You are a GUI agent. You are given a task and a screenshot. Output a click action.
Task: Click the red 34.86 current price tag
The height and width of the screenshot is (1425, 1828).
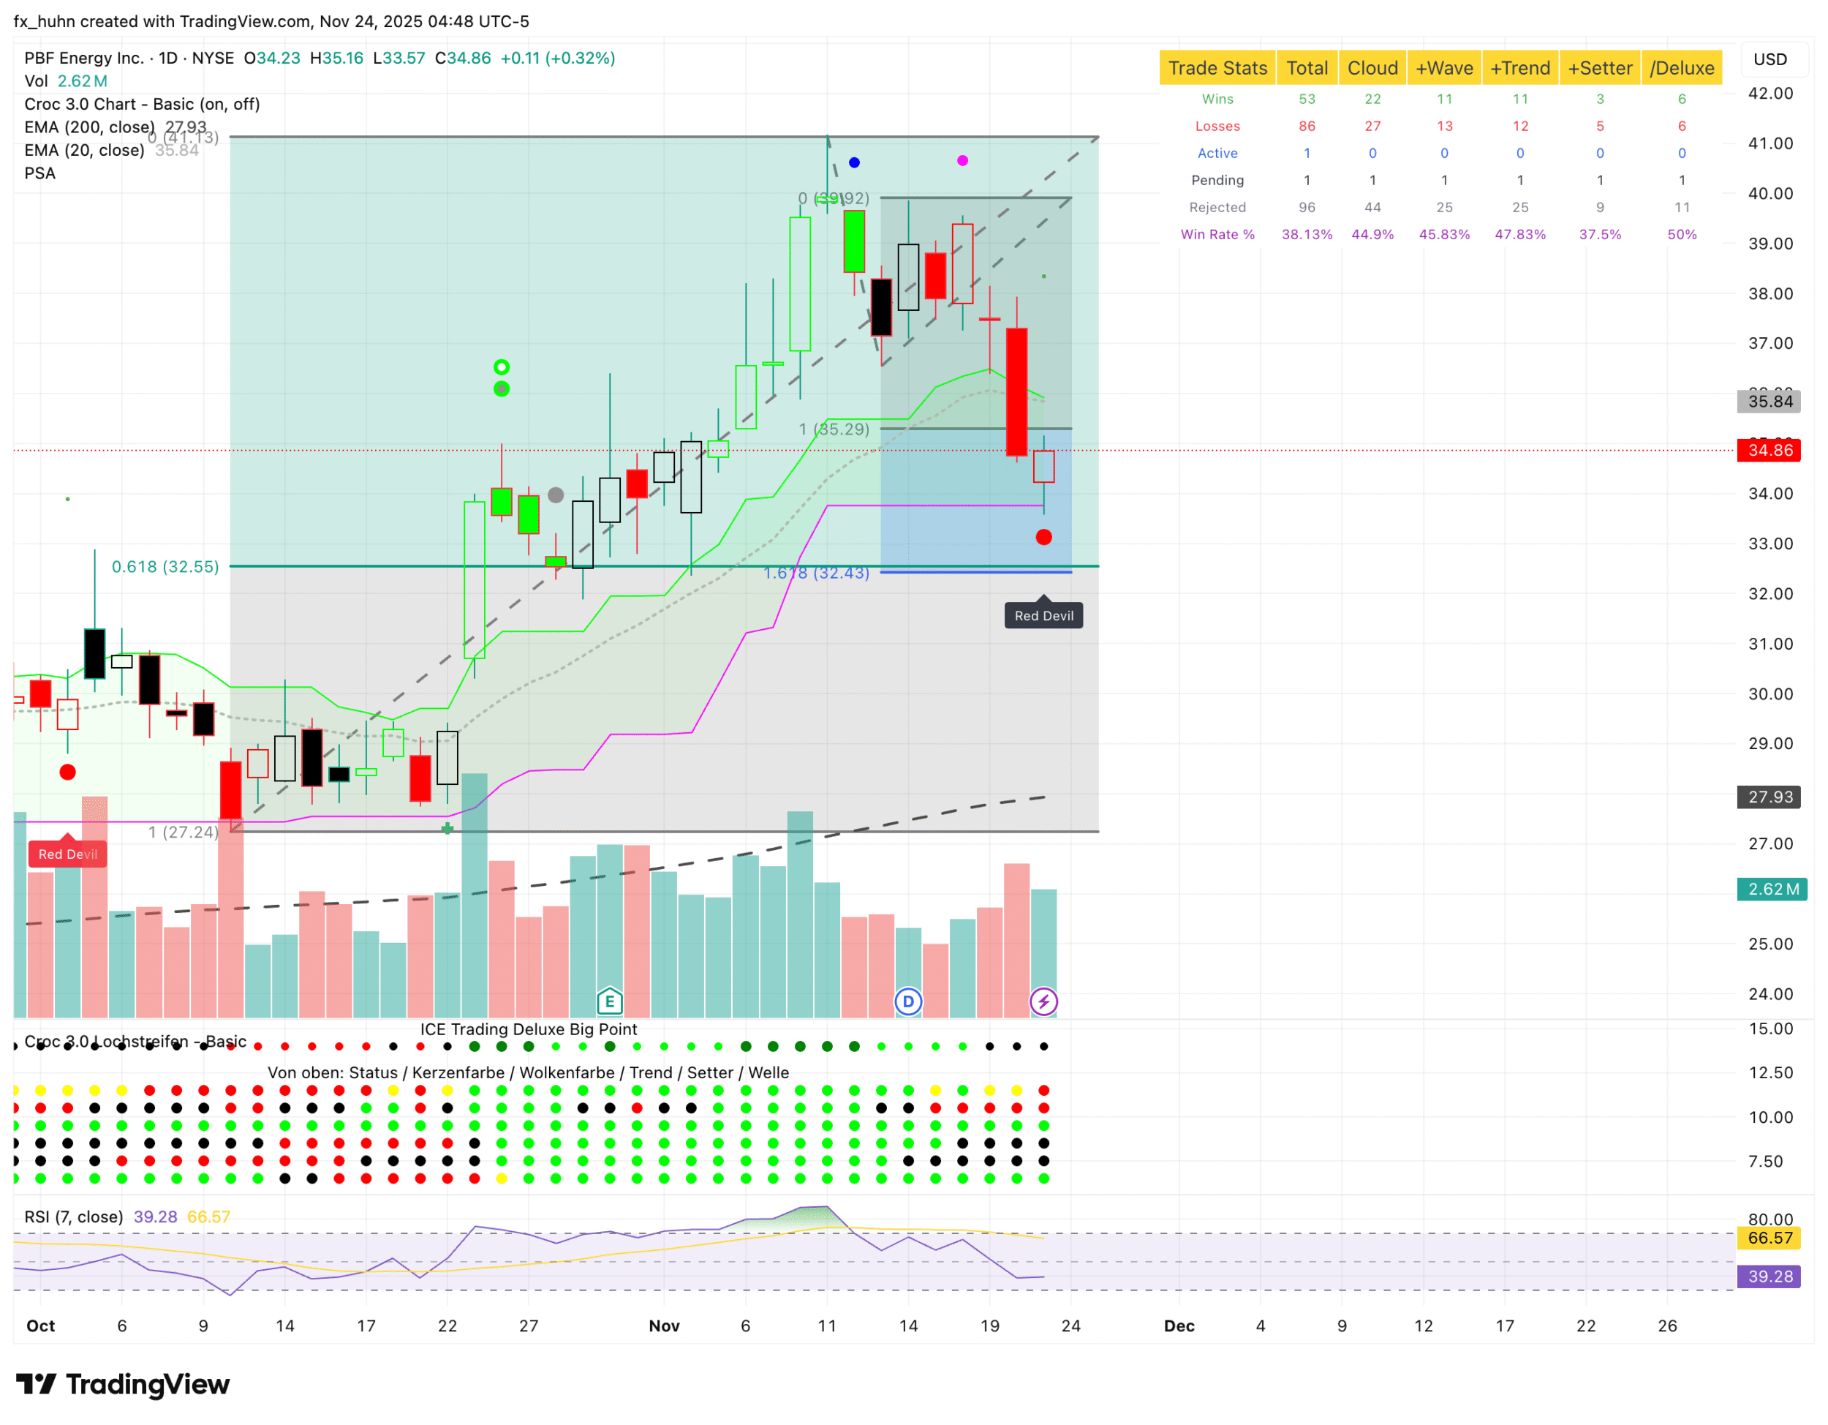[1770, 451]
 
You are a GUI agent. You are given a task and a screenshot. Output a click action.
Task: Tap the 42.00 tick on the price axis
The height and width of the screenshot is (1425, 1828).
[1770, 93]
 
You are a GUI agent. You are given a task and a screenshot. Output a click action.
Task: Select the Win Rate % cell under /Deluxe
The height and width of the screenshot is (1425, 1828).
[1681, 234]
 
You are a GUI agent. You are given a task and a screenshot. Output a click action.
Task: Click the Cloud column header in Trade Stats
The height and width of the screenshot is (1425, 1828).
[1372, 68]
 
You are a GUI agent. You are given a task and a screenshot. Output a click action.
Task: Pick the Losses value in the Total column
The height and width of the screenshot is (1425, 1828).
[1306, 127]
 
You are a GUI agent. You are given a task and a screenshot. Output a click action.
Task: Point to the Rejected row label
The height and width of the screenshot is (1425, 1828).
[1217, 208]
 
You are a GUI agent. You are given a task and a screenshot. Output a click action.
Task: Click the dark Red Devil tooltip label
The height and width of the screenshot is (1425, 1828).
[1043, 616]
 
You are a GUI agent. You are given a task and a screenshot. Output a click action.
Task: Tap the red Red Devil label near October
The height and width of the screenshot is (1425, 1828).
[68, 854]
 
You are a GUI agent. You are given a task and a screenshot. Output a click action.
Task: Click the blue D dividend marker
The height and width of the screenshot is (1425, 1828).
[908, 1001]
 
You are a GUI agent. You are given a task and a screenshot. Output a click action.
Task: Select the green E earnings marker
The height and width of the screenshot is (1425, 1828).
[609, 1001]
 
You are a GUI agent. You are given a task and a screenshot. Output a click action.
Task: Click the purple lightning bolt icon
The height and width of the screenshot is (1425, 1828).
[1043, 1001]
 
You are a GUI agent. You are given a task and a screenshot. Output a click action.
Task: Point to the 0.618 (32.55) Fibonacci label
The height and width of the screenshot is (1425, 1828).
[165, 567]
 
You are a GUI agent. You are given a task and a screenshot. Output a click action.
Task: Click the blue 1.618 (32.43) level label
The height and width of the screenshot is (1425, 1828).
[816, 574]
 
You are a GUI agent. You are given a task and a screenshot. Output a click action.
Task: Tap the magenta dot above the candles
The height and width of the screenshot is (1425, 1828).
[962, 161]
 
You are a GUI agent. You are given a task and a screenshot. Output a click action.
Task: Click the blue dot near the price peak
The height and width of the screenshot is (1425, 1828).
[854, 162]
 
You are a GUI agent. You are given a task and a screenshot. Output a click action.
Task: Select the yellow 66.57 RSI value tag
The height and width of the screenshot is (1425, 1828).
[1770, 1238]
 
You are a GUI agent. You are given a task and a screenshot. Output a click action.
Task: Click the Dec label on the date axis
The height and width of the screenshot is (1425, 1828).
[1179, 1326]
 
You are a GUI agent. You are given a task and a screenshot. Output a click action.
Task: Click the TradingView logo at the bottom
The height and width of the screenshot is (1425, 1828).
[123, 1385]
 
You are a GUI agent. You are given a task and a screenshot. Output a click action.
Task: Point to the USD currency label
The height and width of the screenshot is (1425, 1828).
[1770, 59]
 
